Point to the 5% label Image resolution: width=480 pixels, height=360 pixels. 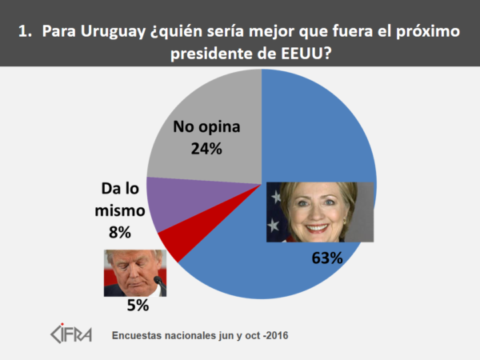tap(137, 306)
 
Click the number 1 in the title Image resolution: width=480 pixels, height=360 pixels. tap(24, 33)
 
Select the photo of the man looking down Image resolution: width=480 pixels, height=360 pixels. tap(134, 272)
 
